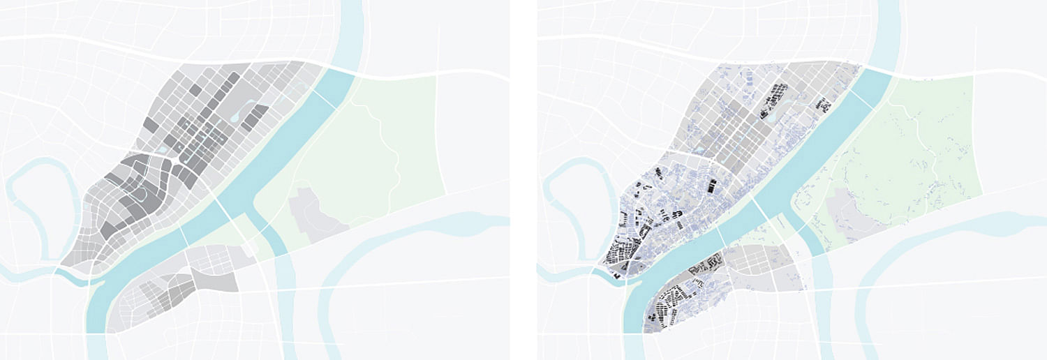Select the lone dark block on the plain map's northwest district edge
coord(151,126)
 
